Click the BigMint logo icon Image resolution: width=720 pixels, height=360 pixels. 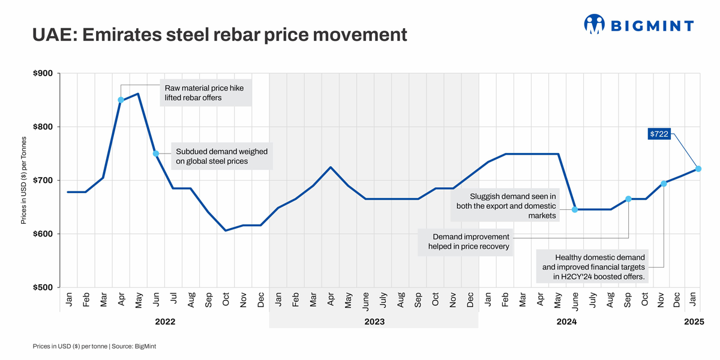593,24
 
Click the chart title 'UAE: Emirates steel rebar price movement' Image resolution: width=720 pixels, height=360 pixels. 219,34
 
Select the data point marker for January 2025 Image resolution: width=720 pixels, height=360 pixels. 698,169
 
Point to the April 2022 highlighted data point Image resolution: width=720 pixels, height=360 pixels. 121,100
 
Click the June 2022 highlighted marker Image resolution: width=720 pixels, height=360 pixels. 156,154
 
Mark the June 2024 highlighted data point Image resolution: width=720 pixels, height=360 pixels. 575,209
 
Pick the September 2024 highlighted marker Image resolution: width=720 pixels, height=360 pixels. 628,199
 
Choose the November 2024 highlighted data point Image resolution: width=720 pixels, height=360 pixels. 664,183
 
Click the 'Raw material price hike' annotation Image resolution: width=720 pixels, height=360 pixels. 205,92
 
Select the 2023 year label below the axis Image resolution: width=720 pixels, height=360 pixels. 374,322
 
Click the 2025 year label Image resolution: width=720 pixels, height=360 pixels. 694,322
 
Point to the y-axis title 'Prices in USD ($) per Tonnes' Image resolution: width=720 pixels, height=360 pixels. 24,181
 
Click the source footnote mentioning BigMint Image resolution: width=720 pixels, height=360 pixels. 95,346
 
